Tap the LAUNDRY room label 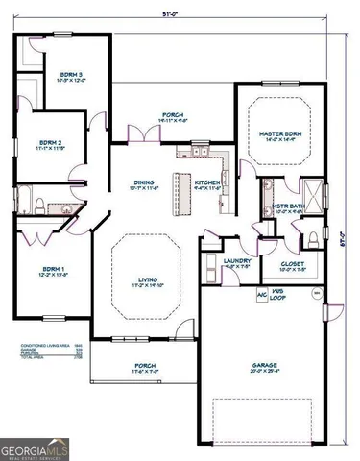[x=236, y=263]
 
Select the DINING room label [x=145, y=185]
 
